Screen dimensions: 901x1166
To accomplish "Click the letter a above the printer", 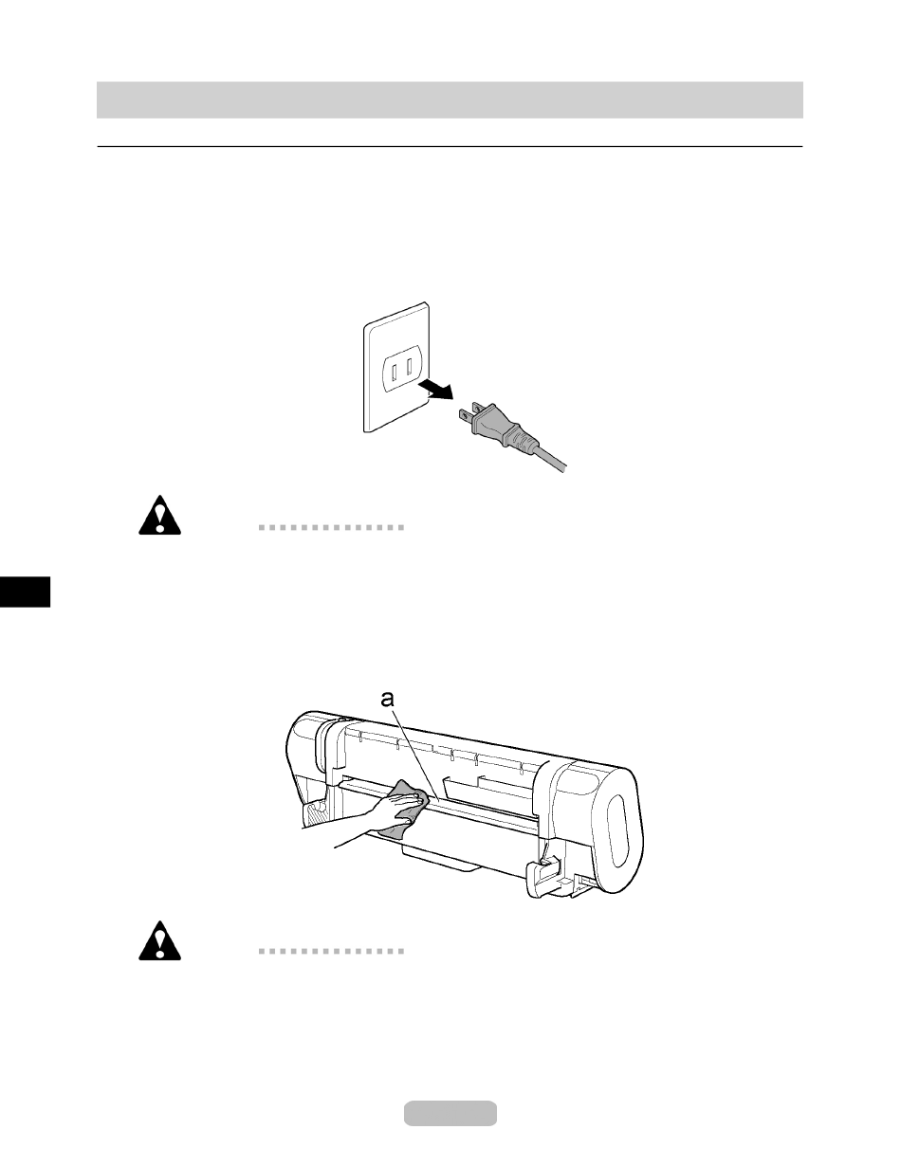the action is coord(386,701).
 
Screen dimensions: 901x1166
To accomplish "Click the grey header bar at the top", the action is coord(450,100).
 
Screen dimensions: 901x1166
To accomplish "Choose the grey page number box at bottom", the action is coord(450,1113).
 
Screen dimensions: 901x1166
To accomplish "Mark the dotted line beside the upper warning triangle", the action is coord(331,527).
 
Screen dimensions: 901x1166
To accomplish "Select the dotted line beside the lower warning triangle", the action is coord(331,950).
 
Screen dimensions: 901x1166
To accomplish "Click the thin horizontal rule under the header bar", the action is coord(450,147).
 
